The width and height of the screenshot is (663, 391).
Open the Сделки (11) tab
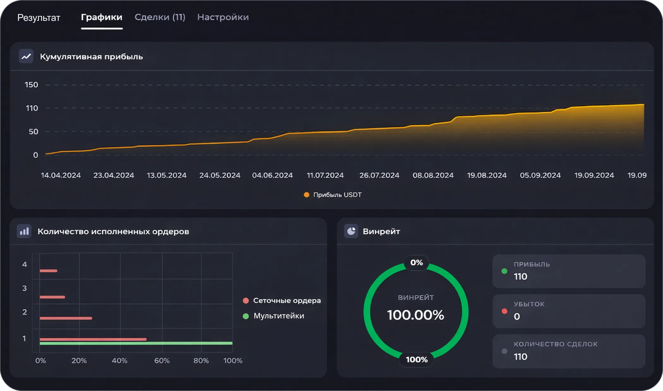pos(160,17)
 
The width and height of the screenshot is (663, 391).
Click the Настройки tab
pos(223,17)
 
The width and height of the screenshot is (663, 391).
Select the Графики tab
pos(101,17)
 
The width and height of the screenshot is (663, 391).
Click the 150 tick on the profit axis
pos(31,85)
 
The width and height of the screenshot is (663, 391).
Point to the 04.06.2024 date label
pos(272,175)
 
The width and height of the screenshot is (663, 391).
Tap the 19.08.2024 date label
pos(487,175)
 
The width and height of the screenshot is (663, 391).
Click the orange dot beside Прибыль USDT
pos(307,195)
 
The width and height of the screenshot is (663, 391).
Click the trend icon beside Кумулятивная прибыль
pos(26,57)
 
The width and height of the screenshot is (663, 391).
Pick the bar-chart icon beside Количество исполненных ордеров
pos(24,232)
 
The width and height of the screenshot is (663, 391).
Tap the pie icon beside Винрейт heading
pos(351,232)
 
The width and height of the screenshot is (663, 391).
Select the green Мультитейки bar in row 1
pos(136,343)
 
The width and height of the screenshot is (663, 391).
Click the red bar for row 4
pos(48,271)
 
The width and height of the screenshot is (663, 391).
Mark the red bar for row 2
pos(66,318)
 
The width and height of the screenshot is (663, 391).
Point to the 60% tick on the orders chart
pos(162,361)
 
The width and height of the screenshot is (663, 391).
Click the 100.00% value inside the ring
pos(416,315)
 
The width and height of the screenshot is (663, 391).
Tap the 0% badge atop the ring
pos(417,262)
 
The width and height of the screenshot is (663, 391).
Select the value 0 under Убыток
pos(517,316)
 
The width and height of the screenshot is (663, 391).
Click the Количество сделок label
pos(556,344)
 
